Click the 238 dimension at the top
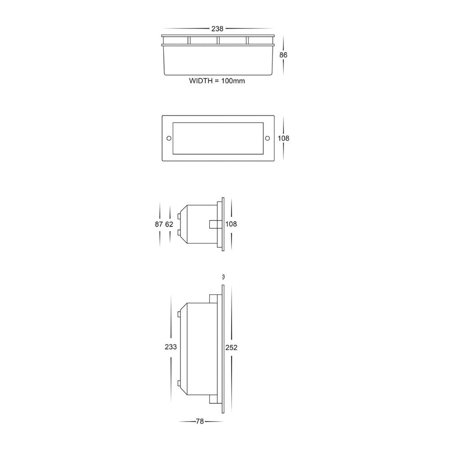pyautogui.click(x=218, y=28)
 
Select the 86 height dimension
pyautogui.click(x=283, y=55)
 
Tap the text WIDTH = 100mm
pyautogui.click(x=217, y=81)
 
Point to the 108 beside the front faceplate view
pyautogui.click(x=283, y=138)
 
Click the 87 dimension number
pyautogui.click(x=158, y=224)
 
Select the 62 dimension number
pyautogui.click(x=169, y=224)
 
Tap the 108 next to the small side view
pyautogui.click(x=231, y=224)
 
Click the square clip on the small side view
pyautogui.click(x=214, y=224)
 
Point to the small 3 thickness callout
pyautogui.click(x=223, y=276)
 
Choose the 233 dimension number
pyautogui.click(x=171, y=347)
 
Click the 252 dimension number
pyautogui.click(x=231, y=347)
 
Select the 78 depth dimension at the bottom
pyautogui.click(x=200, y=422)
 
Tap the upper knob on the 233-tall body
pyautogui.click(x=179, y=313)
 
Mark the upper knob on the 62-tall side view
pyautogui.click(x=180, y=216)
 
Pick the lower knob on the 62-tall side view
pyautogui.click(x=180, y=232)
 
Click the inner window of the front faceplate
pyautogui.click(x=218, y=138)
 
